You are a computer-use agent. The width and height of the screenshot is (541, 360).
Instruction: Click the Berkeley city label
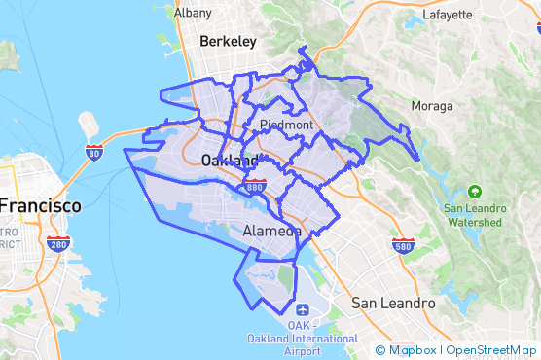coord(228,42)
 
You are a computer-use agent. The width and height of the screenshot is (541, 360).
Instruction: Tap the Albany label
coord(192,13)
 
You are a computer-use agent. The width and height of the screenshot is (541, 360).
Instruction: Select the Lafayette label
coord(448,15)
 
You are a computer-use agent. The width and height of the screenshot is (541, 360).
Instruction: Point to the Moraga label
coord(432,105)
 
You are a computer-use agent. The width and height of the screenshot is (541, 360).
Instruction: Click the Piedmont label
coord(287,126)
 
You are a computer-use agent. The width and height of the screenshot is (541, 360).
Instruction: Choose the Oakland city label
coord(230,160)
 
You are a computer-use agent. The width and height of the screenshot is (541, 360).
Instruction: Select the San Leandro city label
coord(393,303)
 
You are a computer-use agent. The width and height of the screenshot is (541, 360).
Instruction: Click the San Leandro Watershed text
coord(475,215)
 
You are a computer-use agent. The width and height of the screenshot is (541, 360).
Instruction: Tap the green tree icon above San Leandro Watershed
coord(475,192)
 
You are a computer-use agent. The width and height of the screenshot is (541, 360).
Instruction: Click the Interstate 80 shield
coord(93,152)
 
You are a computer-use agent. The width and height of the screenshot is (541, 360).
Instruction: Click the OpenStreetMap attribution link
coord(490,350)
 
